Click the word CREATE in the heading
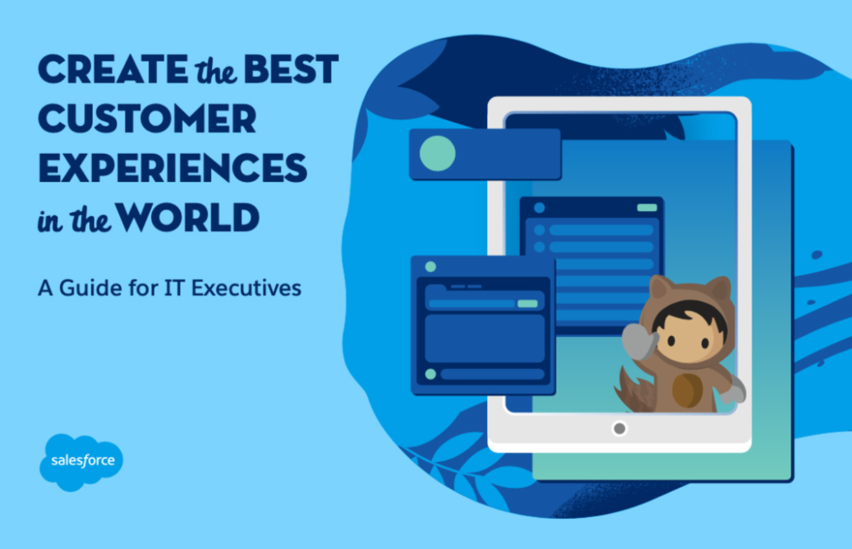[113, 69]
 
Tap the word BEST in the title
[291, 69]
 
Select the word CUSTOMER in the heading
[147, 118]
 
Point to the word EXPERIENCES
[172, 167]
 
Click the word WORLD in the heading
[188, 217]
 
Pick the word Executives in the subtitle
[246, 288]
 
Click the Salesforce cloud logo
[81, 462]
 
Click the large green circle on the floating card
[438, 154]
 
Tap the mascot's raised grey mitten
[640, 341]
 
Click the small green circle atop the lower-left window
[431, 267]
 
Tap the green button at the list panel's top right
[647, 207]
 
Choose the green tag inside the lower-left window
[528, 303]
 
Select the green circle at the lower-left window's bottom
[431, 374]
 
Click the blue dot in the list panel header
[539, 208]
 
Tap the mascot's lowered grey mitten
[733, 391]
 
